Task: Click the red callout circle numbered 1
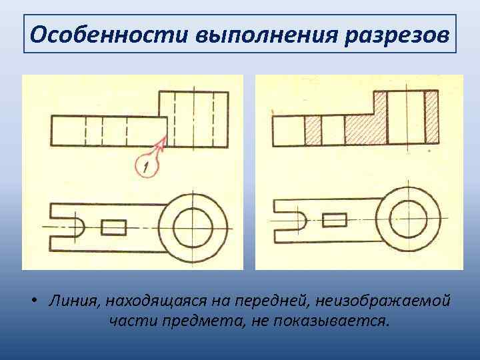(x=146, y=165)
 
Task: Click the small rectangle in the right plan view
(x=334, y=219)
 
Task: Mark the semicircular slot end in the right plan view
(x=300, y=219)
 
